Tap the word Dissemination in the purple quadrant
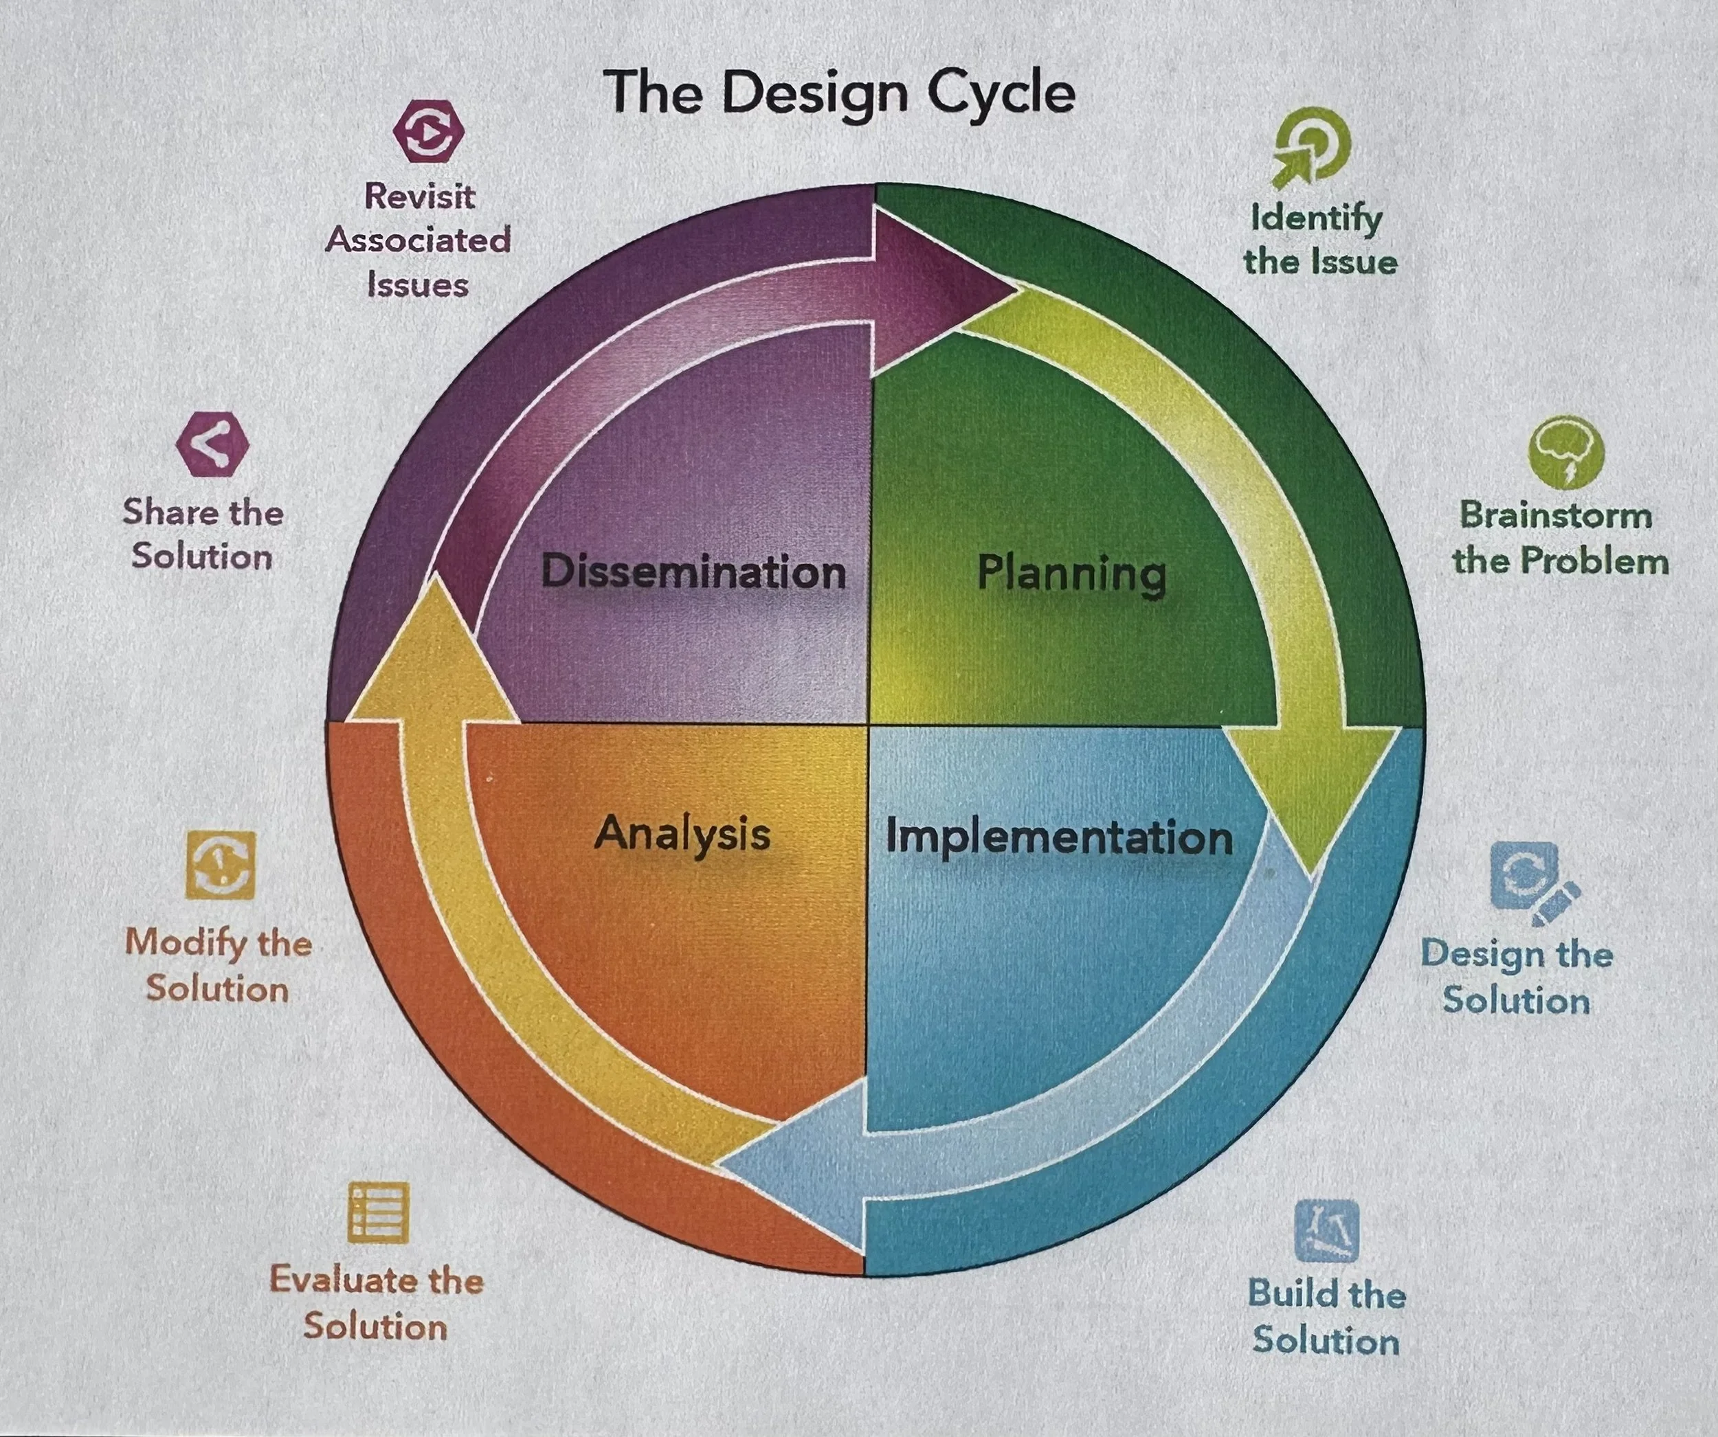[x=693, y=572]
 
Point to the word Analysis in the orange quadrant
[x=682, y=834]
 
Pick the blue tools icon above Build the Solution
[x=1326, y=1231]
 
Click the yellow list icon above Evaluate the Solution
[x=378, y=1212]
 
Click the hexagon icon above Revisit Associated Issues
[x=428, y=131]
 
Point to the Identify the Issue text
[x=1319, y=240]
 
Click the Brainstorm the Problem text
[x=1560, y=538]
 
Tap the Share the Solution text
[x=203, y=534]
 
